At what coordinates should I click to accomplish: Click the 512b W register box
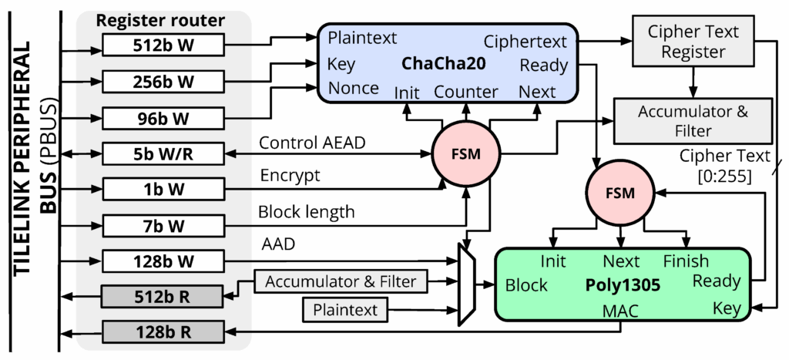(163, 45)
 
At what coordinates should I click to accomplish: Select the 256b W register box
(163, 81)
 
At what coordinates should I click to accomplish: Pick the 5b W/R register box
(163, 153)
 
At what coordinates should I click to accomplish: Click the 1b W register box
(163, 188)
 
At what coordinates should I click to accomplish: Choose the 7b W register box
(163, 225)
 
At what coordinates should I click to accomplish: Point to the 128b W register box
(163, 261)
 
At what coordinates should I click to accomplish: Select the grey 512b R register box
(163, 296)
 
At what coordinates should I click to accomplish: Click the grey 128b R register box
(163, 332)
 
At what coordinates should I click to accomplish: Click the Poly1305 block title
(623, 284)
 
